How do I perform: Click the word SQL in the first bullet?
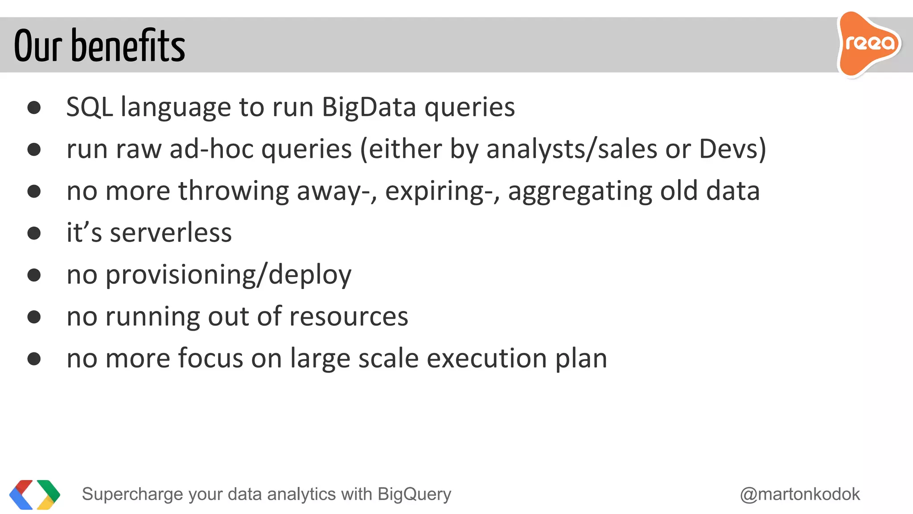89,107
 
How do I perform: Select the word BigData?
369,107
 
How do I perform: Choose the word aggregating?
580,191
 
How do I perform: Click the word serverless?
171,232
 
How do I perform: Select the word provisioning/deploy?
229,274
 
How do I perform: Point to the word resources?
349,316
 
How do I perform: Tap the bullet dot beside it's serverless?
34,233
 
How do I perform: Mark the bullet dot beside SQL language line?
34,108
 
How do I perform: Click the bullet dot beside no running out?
34,317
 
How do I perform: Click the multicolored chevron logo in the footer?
35,494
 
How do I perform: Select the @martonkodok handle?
800,494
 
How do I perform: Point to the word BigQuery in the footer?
414,494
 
